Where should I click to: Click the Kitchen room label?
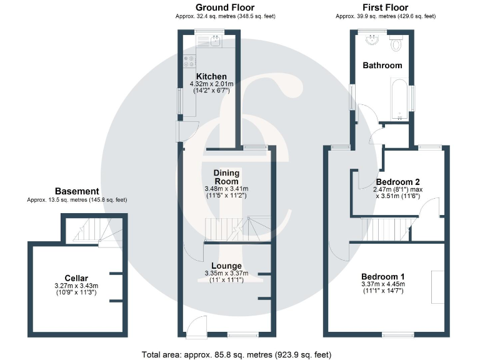(x=211, y=76)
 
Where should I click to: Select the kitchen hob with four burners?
(x=189, y=61)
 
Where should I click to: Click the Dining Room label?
(x=226, y=177)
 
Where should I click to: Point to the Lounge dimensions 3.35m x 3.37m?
(x=226, y=273)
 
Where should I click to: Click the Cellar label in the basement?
(x=76, y=277)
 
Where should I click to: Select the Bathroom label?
(x=382, y=65)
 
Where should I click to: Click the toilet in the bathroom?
(x=396, y=44)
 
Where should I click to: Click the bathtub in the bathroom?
(x=398, y=98)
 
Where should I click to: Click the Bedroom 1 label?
(x=383, y=276)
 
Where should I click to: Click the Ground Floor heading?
(x=226, y=7)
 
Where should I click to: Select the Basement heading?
(x=77, y=191)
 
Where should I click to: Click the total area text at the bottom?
(x=236, y=354)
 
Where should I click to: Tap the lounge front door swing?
(x=197, y=325)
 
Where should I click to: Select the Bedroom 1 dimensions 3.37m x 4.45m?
(x=383, y=284)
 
